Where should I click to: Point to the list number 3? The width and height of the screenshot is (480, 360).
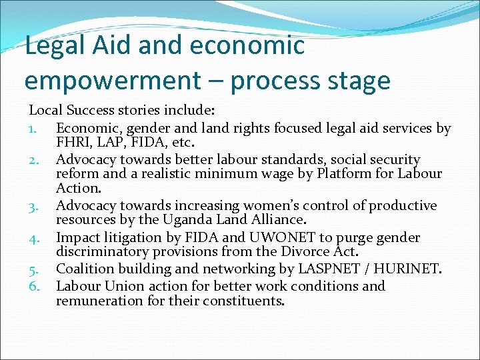35,206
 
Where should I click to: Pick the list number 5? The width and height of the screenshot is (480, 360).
35,270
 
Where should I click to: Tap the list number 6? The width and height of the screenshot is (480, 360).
35,287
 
